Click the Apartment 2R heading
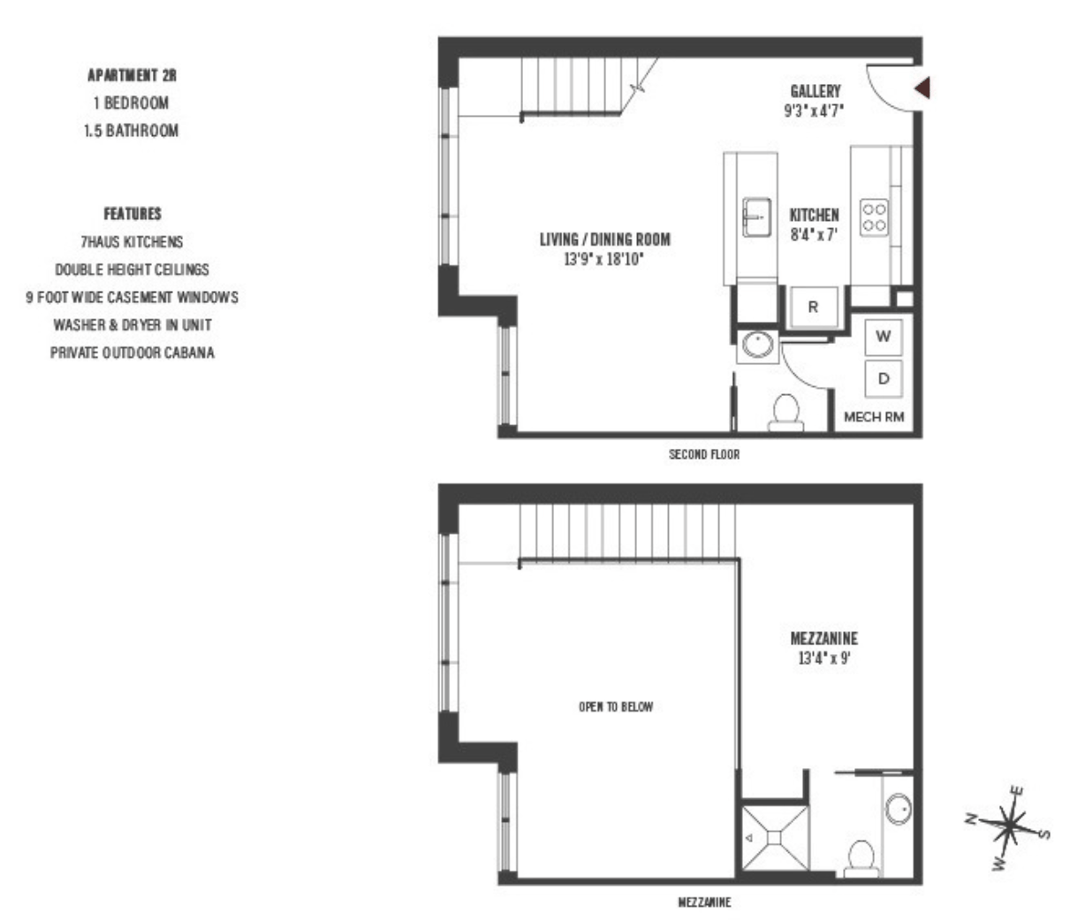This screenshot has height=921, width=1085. (132, 76)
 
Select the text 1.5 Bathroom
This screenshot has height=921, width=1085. (132, 131)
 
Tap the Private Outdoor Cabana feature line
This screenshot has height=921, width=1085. (132, 353)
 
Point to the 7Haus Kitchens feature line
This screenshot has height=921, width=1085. (132, 241)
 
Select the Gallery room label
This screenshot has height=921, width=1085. (815, 91)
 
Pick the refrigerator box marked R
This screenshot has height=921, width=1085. (813, 308)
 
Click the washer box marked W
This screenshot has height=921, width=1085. (883, 336)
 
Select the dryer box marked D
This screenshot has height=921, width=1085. (883, 378)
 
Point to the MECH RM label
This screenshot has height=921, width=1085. (874, 417)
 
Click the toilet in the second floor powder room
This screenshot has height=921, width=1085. (785, 412)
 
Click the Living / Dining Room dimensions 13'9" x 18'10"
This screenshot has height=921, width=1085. (604, 262)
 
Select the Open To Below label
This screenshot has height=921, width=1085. (616, 707)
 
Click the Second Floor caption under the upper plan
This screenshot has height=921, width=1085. (703, 454)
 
